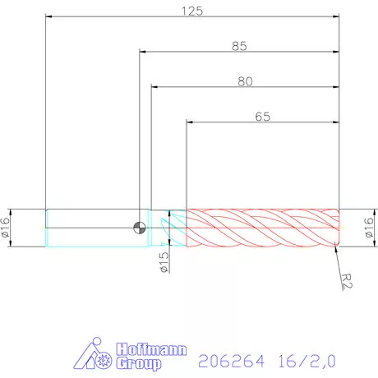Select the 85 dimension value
(239, 46)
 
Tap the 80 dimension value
(244, 81)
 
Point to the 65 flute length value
(262, 117)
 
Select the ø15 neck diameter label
(164, 262)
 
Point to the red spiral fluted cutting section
(263, 228)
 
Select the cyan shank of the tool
(90, 228)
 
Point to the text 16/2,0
(305, 360)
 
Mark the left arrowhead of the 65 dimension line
(190, 122)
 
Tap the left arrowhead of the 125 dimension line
(48, 16)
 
